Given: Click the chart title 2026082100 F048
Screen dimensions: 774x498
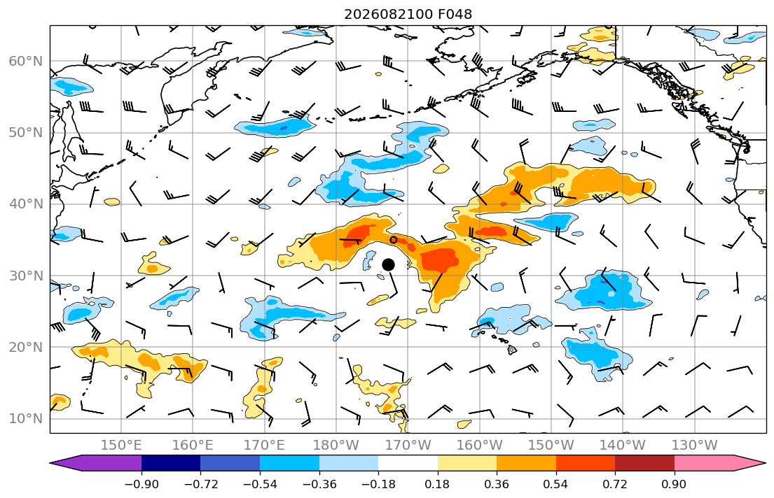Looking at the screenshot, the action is pos(408,14).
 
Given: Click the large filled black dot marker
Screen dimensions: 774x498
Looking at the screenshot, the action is pos(389,265).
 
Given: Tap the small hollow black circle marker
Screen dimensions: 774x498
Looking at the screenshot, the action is pos(394,240).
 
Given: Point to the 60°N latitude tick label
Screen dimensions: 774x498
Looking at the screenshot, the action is pos(26,61).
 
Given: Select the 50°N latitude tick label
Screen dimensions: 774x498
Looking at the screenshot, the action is pos(26,133).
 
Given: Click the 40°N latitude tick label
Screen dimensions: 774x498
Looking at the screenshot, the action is pos(26,204).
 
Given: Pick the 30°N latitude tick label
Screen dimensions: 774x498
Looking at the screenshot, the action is pos(26,276).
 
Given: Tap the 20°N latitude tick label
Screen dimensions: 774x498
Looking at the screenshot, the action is pos(26,347).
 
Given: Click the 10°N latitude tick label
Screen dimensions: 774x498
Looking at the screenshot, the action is pos(26,419).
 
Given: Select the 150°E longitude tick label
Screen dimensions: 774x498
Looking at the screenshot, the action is pos(121,446).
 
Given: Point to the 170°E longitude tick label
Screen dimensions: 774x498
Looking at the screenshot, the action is pos(265,446).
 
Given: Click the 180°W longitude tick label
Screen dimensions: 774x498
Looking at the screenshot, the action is pos(336,446).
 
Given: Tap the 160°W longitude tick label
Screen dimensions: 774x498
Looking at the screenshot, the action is pos(480,446).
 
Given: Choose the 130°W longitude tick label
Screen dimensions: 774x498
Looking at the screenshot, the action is pos(695,446).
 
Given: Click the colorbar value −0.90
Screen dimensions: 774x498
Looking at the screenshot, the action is pos(141,484).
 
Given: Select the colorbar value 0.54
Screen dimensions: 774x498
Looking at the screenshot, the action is pos(556,484).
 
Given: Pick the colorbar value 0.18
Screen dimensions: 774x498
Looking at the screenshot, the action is pos(437,484).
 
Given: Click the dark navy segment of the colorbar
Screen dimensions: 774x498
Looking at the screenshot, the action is pos(171,463).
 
